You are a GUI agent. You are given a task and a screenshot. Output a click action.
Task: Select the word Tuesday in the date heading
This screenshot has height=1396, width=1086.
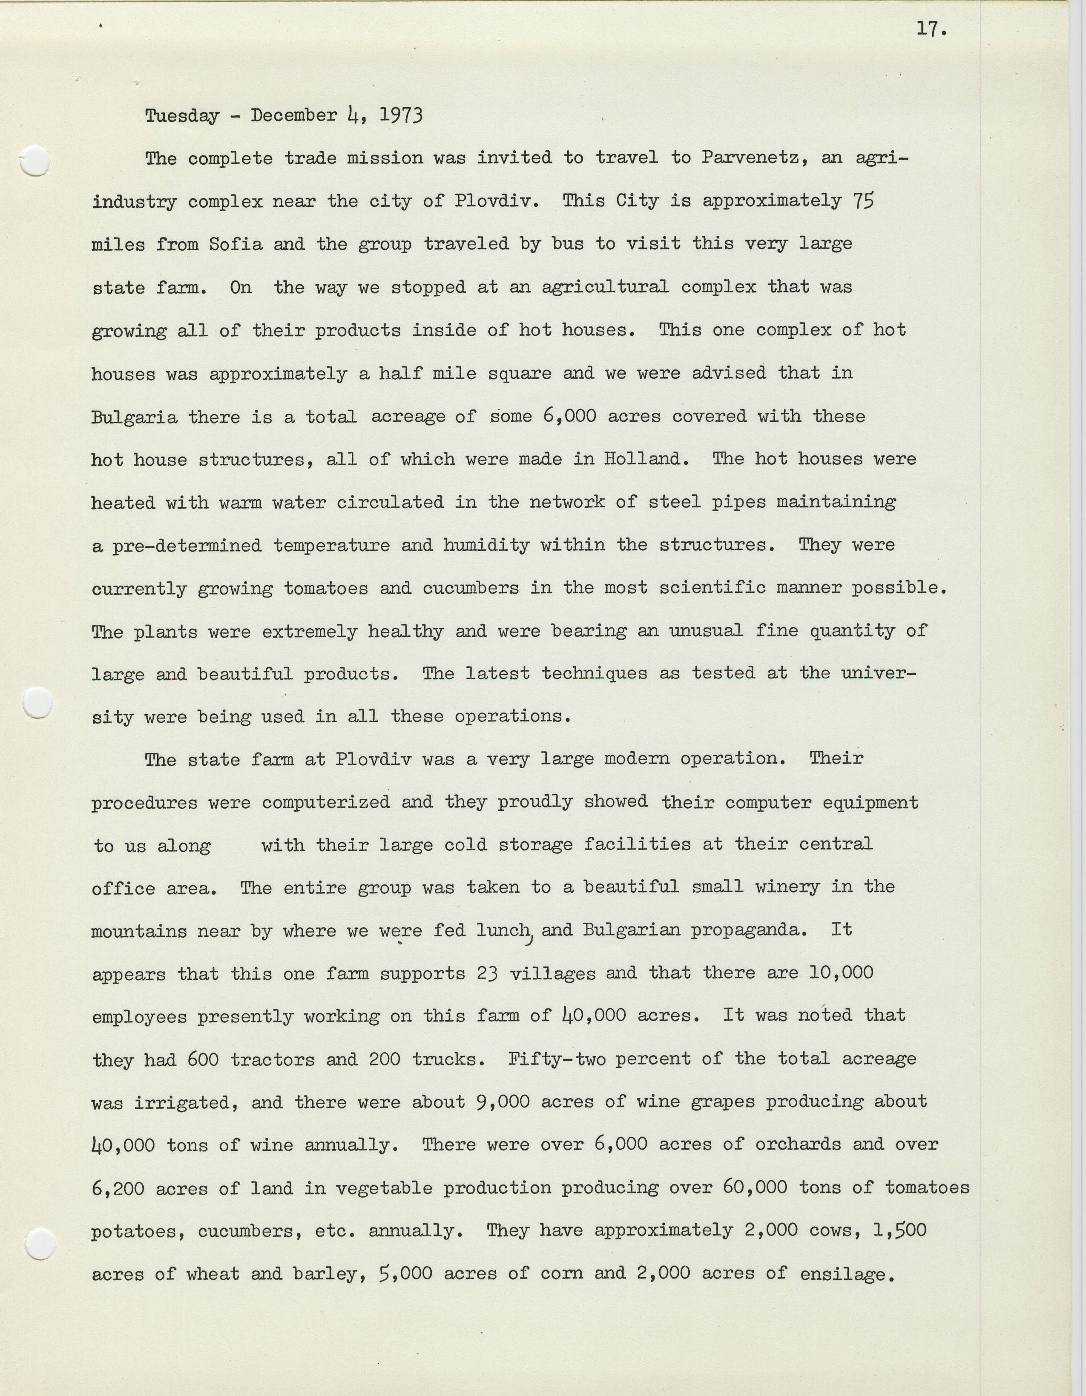tap(182, 116)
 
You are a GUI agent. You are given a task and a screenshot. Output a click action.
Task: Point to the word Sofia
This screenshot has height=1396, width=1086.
tap(236, 244)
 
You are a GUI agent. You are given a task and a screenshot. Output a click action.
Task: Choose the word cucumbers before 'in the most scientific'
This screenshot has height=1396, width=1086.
tap(470, 588)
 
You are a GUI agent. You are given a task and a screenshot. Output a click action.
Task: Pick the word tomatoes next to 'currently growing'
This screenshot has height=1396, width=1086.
tap(325, 588)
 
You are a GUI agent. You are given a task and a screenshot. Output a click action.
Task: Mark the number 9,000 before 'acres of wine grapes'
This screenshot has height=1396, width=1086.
tap(503, 1102)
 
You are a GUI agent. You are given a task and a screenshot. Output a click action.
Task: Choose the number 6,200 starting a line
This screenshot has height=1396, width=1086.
tap(117, 1188)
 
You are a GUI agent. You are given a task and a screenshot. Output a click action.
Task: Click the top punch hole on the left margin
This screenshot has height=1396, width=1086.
tap(35, 160)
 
